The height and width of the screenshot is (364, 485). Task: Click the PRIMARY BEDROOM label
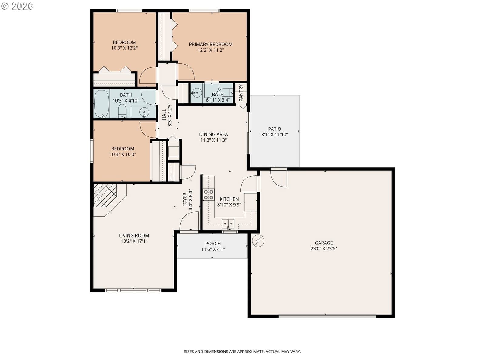click(211, 44)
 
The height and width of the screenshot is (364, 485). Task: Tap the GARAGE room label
click(324, 243)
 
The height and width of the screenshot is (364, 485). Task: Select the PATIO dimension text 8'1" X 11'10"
click(274, 135)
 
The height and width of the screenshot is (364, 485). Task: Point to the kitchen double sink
click(228, 224)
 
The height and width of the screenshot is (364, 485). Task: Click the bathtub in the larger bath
click(102, 104)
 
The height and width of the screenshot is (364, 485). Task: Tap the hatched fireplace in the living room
click(105, 195)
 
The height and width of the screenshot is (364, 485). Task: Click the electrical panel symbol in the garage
click(258, 241)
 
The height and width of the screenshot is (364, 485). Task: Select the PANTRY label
click(241, 93)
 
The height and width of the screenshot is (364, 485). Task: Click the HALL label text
click(164, 114)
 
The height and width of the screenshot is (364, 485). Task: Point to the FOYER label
click(185, 200)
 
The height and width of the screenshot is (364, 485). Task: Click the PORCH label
click(213, 244)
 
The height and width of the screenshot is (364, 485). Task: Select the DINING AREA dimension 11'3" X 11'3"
click(213, 140)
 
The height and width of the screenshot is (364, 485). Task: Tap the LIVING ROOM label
click(134, 236)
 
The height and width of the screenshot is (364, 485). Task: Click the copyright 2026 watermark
click(17, 6)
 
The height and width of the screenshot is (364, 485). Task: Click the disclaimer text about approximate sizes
click(242, 352)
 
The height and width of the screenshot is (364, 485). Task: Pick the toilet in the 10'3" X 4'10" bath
click(122, 111)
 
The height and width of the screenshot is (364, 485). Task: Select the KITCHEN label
click(229, 199)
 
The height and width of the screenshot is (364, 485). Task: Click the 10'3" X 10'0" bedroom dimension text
click(123, 154)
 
